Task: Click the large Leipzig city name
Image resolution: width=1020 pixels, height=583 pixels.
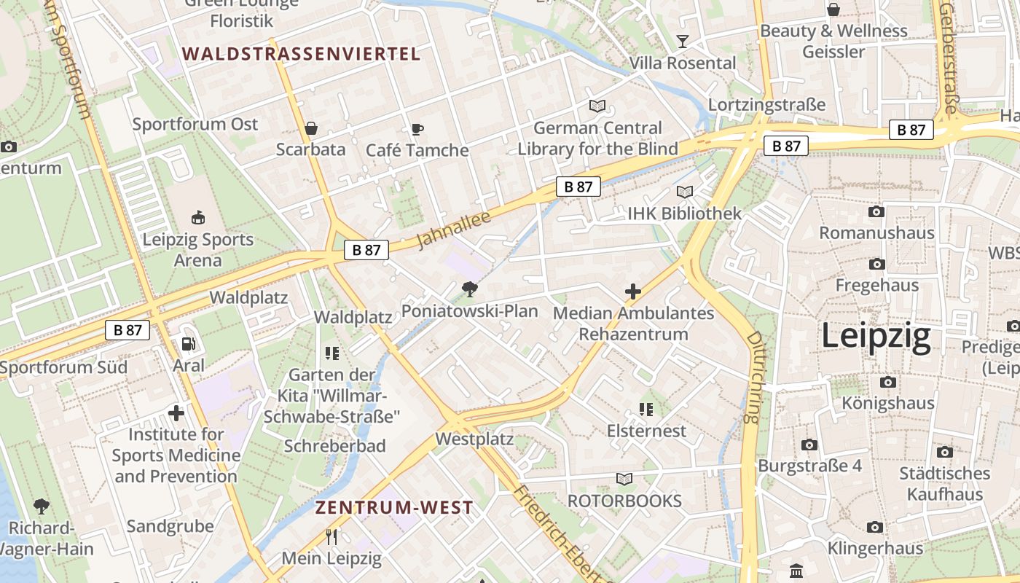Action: tap(876, 337)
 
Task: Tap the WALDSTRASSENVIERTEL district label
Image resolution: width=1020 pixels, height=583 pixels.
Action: tap(302, 53)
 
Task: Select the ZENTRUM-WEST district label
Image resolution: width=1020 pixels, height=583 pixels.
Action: tap(394, 508)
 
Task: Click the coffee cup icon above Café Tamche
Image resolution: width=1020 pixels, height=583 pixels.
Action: tap(417, 129)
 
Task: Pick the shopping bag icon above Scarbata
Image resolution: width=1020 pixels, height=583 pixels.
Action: tap(311, 129)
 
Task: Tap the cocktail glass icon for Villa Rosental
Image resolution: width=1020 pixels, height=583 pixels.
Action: tap(682, 41)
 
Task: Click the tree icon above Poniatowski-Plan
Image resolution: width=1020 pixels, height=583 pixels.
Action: tap(470, 289)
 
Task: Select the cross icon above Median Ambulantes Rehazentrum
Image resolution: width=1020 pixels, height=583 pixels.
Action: tap(633, 291)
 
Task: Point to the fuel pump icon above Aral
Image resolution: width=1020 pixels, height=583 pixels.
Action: tap(188, 343)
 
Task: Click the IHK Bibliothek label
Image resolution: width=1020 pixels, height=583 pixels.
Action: tap(684, 214)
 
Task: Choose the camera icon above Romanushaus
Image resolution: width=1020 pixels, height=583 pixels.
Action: tap(876, 212)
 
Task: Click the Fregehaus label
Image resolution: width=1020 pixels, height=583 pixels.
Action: tap(876, 285)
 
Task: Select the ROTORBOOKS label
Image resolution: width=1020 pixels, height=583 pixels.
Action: tap(624, 501)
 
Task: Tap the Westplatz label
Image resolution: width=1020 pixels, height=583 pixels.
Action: tap(474, 439)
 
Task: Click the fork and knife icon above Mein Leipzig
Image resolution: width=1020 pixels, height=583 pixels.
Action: tap(331, 537)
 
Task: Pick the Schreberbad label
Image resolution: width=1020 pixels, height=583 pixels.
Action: tap(334, 446)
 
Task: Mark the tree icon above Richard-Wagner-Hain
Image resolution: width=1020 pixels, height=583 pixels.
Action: tap(42, 506)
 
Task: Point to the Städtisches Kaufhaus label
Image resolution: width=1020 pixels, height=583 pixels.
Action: tap(944, 484)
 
